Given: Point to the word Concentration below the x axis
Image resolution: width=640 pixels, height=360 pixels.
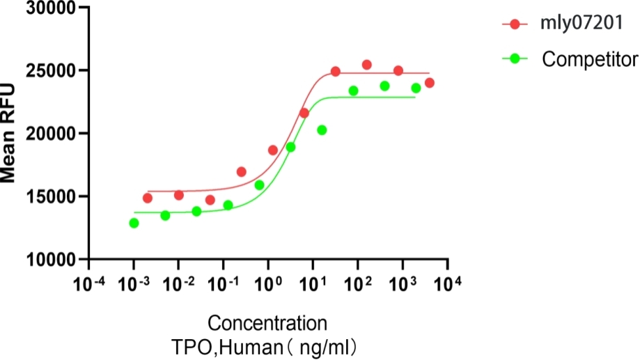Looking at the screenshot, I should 267,323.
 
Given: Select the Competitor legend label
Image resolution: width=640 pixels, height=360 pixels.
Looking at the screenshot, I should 590,59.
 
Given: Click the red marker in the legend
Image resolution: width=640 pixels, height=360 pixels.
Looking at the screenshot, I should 515,24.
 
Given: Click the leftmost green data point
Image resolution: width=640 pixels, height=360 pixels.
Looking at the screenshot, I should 134,223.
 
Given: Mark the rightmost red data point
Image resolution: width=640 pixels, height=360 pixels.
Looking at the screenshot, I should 430,83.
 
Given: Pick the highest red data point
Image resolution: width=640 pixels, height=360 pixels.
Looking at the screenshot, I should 367,65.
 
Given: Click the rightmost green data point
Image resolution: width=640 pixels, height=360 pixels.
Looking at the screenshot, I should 416,88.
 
